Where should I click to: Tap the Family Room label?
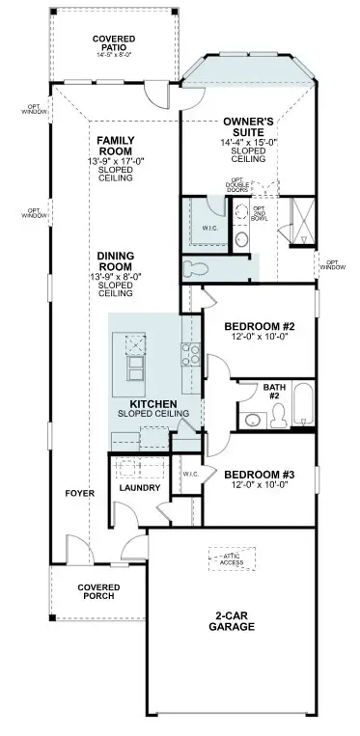[115, 145]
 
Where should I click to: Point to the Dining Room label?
[115, 259]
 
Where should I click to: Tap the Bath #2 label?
[272, 392]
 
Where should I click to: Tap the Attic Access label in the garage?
[230, 559]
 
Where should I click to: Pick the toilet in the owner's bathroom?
[194, 266]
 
